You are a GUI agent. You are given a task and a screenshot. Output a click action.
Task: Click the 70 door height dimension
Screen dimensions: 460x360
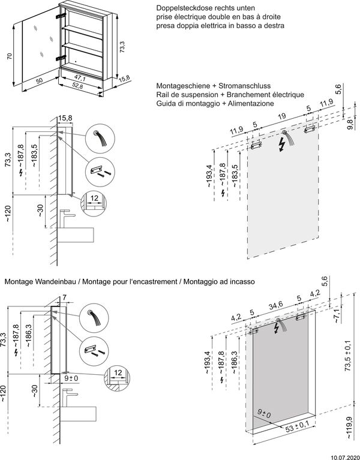click(x=8, y=56)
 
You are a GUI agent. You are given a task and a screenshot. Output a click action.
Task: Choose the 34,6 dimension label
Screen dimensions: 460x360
click(x=277, y=305)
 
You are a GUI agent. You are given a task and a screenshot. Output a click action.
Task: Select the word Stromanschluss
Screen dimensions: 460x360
click(x=248, y=86)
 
